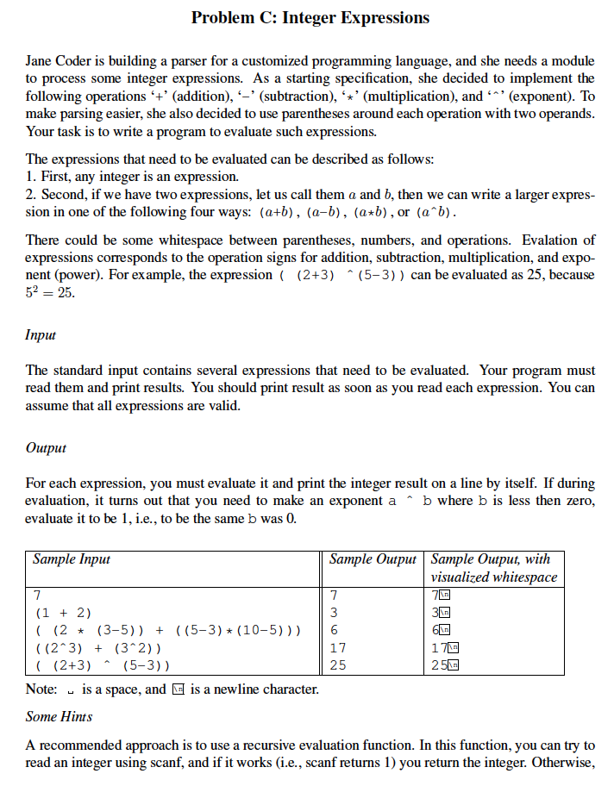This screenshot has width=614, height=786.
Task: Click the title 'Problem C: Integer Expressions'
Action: (310, 17)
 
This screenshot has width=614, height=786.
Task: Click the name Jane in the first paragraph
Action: (41, 61)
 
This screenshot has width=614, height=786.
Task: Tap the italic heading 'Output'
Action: (46, 447)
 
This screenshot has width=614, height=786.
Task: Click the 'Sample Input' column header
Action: (72, 559)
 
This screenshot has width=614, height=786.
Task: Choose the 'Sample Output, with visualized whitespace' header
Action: (493, 568)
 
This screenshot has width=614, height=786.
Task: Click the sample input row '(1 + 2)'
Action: (62, 613)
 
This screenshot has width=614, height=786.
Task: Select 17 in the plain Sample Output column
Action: (338, 647)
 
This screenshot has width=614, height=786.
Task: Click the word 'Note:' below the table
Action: (42, 689)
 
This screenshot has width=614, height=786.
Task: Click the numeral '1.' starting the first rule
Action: (32, 177)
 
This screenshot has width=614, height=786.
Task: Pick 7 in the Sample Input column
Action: (37, 596)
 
